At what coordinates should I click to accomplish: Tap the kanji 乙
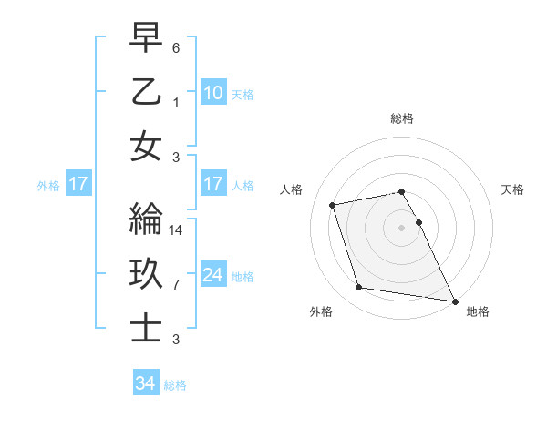click(x=146, y=94)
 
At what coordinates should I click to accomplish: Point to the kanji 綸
click(x=146, y=222)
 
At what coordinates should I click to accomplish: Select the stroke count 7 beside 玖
click(x=176, y=285)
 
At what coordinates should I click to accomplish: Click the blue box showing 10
click(x=212, y=93)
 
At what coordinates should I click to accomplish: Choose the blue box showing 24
click(x=212, y=275)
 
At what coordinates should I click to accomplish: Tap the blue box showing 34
click(x=145, y=383)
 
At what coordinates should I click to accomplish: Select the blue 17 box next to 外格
click(x=77, y=185)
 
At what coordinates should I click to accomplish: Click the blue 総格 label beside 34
click(x=175, y=385)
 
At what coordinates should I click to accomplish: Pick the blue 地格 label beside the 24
click(x=243, y=277)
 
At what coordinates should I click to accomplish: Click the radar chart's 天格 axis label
click(x=512, y=189)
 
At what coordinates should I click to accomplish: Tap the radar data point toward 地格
click(x=454, y=300)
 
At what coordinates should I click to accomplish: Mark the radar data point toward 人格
click(x=333, y=204)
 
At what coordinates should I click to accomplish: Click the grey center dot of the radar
click(x=401, y=228)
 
